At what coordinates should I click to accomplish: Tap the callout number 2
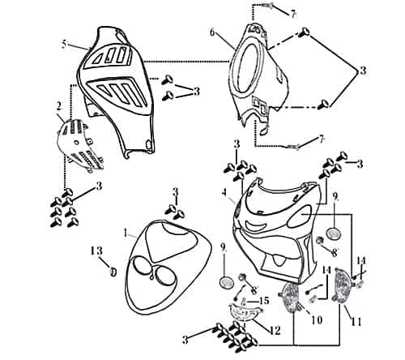[x=58, y=106]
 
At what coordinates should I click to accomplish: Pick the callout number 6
[x=212, y=33]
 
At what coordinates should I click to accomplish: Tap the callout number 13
[x=96, y=251]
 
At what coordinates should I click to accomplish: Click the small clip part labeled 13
[x=113, y=271]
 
